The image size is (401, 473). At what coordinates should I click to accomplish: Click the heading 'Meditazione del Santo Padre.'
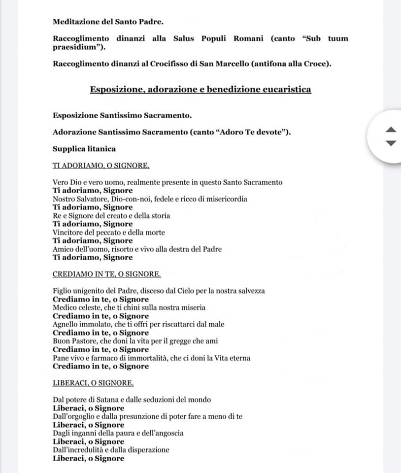coord(108,22)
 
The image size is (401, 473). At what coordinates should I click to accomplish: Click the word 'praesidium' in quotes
coord(78,48)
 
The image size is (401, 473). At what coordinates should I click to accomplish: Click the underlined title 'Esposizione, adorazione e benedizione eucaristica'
coord(200,90)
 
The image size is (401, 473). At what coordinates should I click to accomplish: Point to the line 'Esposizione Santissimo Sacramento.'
coord(122,115)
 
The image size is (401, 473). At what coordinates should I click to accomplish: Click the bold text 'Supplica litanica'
coord(84,148)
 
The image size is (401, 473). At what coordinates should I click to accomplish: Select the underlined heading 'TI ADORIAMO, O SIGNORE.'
coord(101,165)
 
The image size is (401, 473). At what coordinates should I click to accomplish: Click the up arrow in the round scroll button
coord(390,130)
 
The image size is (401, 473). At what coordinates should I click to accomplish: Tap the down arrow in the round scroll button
coord(390,143)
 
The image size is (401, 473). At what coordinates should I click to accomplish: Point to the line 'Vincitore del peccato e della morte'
coord(109,232)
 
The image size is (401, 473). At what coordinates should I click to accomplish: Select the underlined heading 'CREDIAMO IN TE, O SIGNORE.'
coord(106,274)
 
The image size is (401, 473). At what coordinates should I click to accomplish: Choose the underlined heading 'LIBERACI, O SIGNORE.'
coord(93,383)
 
